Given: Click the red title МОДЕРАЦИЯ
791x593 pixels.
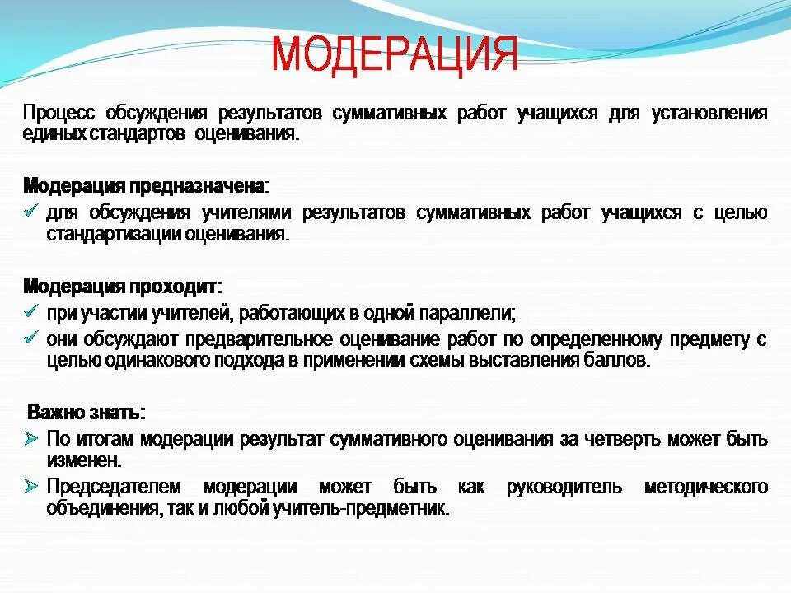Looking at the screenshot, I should (x=395, y=54).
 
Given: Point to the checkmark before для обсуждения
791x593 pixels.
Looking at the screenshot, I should (x=31, y=212).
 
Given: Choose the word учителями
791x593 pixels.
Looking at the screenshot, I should (x=246, y=213).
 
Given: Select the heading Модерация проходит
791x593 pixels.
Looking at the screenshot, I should (x=122, y=287).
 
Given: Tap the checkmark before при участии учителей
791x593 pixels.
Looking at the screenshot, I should (x=31, y=312).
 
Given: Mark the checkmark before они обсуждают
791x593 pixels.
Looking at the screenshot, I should (x=31, y=338).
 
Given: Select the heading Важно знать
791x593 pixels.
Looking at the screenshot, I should (x=87, y=412).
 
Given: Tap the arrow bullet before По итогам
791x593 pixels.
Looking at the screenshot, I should (x=31, y=437).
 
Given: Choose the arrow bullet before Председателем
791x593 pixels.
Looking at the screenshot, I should (x=31, y=486).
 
